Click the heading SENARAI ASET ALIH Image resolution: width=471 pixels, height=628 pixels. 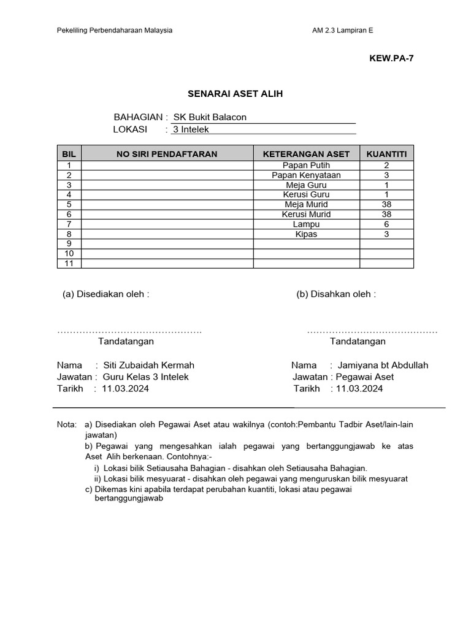(x=235, y=94)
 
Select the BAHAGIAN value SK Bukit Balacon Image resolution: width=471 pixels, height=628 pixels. (x=210, y=117)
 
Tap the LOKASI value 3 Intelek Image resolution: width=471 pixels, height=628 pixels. (x=191, y=129)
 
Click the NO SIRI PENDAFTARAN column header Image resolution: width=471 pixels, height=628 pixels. (x=167, y=154)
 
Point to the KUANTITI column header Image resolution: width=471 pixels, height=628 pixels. (x=386, y=154)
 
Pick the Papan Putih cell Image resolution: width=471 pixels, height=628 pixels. (x=306, y=166)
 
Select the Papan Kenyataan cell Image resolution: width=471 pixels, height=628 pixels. (x=306, y=175)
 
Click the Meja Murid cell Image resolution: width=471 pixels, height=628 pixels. (x=306, y=205)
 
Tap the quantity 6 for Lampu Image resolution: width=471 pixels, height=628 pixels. (x=386, y=224)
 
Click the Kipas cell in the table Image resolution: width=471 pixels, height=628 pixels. (x=306, y=234)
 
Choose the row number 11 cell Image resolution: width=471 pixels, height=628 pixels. (x=69, y=264)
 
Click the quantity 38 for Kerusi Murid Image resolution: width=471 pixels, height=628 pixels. (x=386, y=215)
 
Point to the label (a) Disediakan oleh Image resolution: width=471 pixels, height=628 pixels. (x=106, y=294)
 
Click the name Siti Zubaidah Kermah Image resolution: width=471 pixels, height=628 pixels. (x=148, y=366)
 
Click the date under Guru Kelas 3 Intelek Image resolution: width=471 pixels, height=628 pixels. (x=125, y=389)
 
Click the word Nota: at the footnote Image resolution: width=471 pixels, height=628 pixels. (x=67, y=424)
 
